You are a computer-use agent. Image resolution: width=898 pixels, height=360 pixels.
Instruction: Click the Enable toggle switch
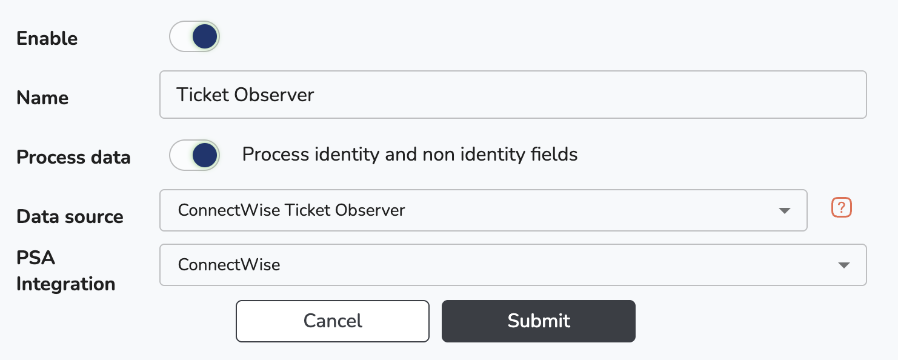195,36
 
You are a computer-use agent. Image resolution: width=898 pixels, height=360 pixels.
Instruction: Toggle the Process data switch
195,155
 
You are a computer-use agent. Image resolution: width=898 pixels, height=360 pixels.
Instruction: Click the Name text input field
513,95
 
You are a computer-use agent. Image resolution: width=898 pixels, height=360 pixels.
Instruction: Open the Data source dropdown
484,210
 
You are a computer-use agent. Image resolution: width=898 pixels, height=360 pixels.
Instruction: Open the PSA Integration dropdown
513,265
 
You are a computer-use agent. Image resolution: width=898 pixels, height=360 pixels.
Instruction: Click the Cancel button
333,321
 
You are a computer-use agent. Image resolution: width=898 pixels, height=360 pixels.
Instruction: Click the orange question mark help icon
842,207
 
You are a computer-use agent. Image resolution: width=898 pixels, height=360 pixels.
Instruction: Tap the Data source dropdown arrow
785,211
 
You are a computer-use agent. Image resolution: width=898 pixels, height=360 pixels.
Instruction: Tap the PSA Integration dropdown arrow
844,265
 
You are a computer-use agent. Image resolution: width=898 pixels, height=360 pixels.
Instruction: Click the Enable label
47,39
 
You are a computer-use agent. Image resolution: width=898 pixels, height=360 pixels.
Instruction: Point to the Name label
42,98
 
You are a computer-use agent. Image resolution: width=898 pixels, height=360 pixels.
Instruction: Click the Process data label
73,157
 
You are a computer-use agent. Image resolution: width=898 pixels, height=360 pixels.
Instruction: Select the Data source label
70,216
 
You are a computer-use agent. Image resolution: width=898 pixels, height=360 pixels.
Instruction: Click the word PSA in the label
36,258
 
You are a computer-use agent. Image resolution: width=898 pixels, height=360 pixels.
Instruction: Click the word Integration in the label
66,284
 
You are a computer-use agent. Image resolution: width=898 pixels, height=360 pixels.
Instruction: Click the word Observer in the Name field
274,95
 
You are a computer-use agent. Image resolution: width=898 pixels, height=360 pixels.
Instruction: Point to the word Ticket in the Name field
202,95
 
